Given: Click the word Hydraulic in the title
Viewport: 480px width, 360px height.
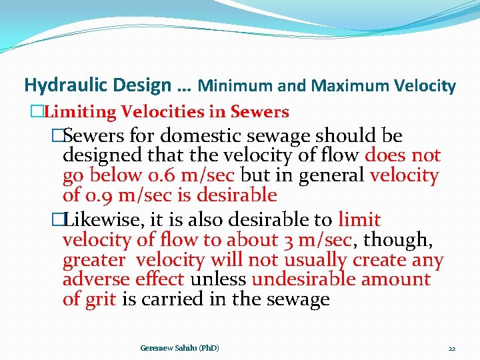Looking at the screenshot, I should (x=63, y=85).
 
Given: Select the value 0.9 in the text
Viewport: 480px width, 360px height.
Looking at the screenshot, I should (x=97, y=195).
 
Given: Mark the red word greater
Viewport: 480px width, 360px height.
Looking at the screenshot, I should (x=93, y=260).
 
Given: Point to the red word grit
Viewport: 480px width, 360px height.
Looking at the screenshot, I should (x=101, y=299).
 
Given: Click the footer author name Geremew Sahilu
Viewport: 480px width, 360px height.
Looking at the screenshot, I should (x=180, y=348).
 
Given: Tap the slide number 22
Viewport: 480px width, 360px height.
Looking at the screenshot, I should (x=451, y=349).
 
